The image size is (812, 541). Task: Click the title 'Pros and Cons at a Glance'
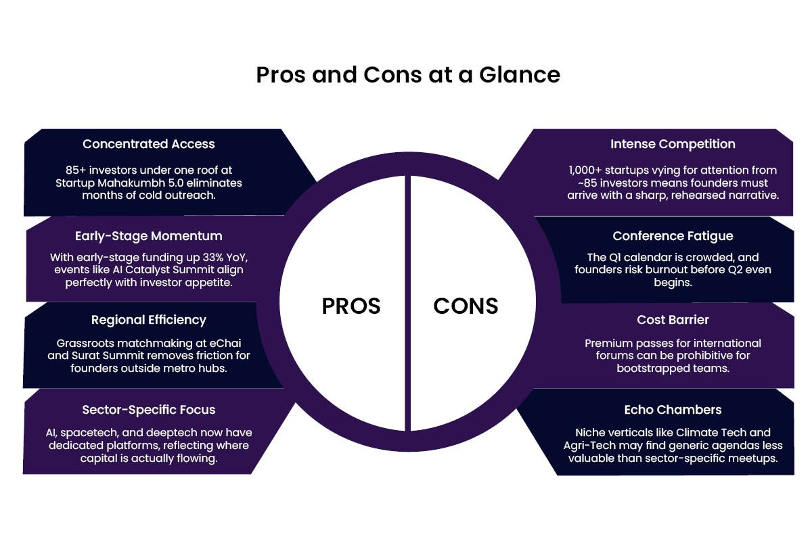(408, 75)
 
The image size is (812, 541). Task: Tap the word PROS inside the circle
(351, 306)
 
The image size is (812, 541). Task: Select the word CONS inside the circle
(466, 306)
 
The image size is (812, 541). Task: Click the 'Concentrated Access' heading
(149, 144)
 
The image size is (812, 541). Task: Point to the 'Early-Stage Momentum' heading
(149, 236)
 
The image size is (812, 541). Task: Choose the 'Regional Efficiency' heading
(149, 320)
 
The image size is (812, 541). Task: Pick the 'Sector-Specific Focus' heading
(149, 410)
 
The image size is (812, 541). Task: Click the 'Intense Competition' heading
(673, 144)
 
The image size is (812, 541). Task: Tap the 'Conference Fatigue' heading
(673, 236)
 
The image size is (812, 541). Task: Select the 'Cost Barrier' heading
(673, 320)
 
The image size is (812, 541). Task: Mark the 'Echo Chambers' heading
(673, 410)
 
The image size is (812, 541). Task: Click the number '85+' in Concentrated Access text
(76, 170)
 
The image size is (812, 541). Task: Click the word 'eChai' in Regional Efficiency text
(225, 343)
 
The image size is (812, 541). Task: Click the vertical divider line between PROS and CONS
(408, 304)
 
